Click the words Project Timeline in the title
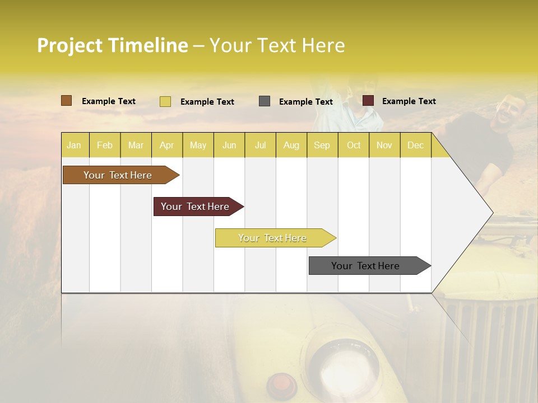pos(112,45)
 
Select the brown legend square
pos(67,101)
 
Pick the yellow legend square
pos(165,101)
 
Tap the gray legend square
pos(265,101)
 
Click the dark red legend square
pos(368,101)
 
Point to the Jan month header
pos(74,146)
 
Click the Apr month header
pos(166,146)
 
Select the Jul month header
pos(260,146)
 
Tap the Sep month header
pos(322,146)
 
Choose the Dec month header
pos(415,146)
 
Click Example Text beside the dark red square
pos(409,101)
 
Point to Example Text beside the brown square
pos(109,101)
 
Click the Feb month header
pos(105,146)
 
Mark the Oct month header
pos(354,146)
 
